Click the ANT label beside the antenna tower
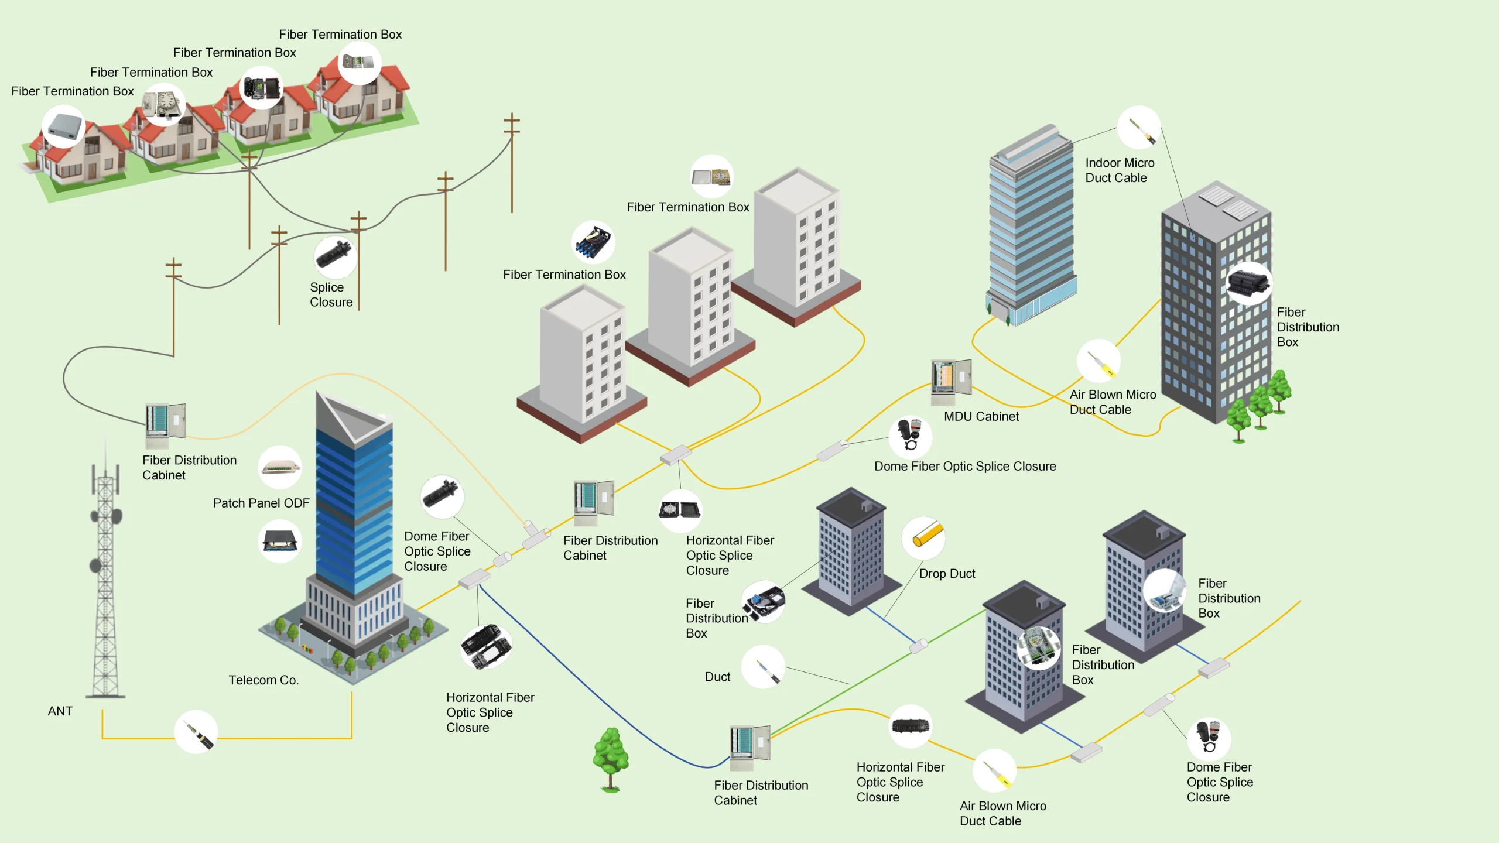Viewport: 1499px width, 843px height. coord(60,711)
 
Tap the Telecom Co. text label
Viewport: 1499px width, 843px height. coord(263,680)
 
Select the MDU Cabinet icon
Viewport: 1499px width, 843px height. coord(951,382)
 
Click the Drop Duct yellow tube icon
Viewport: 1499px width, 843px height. coord(923,537)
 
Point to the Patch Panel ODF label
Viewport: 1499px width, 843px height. coord(261,503)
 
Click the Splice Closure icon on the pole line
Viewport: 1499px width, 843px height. coord(335,258)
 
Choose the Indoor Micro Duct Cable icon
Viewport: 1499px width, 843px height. coord(1139,128)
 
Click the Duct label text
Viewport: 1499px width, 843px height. coord(717,677)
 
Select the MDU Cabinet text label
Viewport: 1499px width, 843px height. coord(981,416)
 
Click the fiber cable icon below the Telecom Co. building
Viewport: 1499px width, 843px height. coord(196,732)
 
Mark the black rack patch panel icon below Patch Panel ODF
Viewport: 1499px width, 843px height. coord(280,542)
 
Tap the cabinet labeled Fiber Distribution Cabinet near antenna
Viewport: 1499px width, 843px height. coord(165,424)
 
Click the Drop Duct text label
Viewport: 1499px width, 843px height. coord(947,574)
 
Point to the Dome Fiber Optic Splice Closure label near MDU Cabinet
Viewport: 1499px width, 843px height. coord(965,466)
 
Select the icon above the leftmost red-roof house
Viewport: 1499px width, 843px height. coord(63,126)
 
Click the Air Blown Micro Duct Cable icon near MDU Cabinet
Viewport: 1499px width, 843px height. coord(1099,361)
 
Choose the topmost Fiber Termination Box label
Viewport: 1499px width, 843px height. coord(340,35)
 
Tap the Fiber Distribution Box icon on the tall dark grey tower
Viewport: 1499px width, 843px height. coord(1248,283)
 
